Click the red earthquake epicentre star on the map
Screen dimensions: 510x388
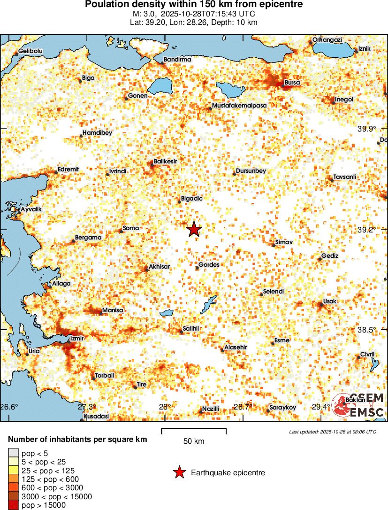pyautogui.click(x=194, y=229)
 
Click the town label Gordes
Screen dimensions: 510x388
pyautogui.click(x=209, y=265)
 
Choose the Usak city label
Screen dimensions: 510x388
pyautogui.click(x=330, y=301)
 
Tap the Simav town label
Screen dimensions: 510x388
pyautogui.click(x=284, y=241)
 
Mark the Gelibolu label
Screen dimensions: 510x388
pyautogui.click(x=30, y=51)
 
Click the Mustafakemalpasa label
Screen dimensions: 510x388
pyautogui.click(x=239, y=106)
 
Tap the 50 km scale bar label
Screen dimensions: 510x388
pyautogui.click(x=194, y=441)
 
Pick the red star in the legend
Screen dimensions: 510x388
pyautogui.click(x=179, y=473)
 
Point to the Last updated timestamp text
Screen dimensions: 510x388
pyautogui.click(x=332, y=432)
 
